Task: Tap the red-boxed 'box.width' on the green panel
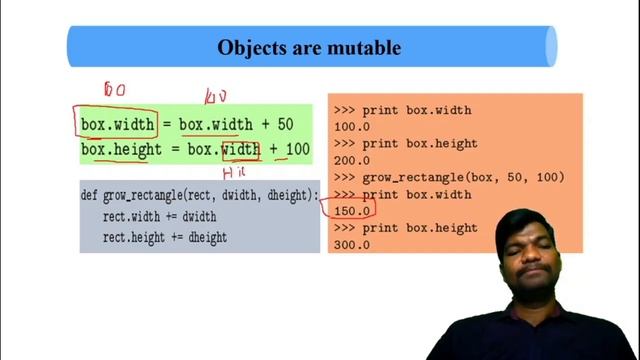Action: (118, 125)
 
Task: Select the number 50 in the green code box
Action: (285, 125)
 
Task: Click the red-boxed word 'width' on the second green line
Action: (240, 150)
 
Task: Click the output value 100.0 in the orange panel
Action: (352, 127)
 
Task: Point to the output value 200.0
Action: (352, 160)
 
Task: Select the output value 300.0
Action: (352, 245)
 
